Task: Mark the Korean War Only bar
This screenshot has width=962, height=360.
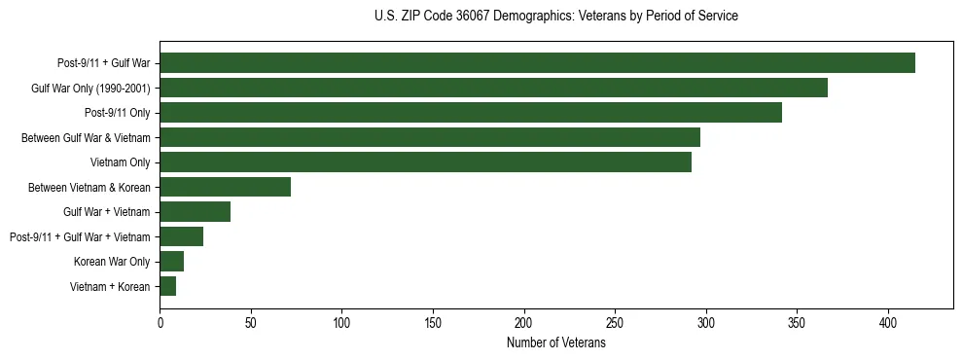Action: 171,261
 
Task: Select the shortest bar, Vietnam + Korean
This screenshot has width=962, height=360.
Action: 167,286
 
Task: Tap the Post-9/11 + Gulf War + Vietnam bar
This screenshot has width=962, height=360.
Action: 181,236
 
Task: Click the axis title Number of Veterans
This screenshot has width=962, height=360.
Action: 555,343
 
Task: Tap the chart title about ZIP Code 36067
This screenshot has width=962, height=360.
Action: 555,17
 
